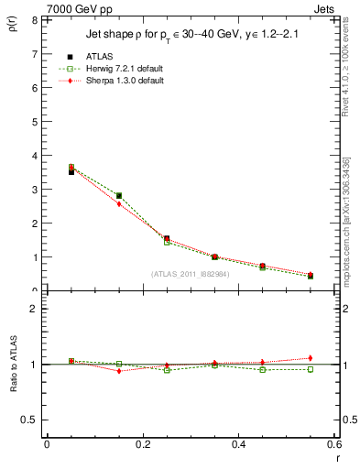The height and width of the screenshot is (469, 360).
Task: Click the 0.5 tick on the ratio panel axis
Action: [x=29, y=420]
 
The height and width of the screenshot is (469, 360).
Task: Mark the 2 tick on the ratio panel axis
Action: [x=33, y=309]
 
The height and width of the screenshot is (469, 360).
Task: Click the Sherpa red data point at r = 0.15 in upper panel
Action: [x=118, y=204]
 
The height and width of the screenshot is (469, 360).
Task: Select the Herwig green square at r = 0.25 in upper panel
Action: [x=167, y=242]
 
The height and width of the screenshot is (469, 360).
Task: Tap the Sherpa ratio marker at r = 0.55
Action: [x=311, y=358]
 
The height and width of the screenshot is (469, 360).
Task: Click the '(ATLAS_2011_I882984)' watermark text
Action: [x=190, y=274]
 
